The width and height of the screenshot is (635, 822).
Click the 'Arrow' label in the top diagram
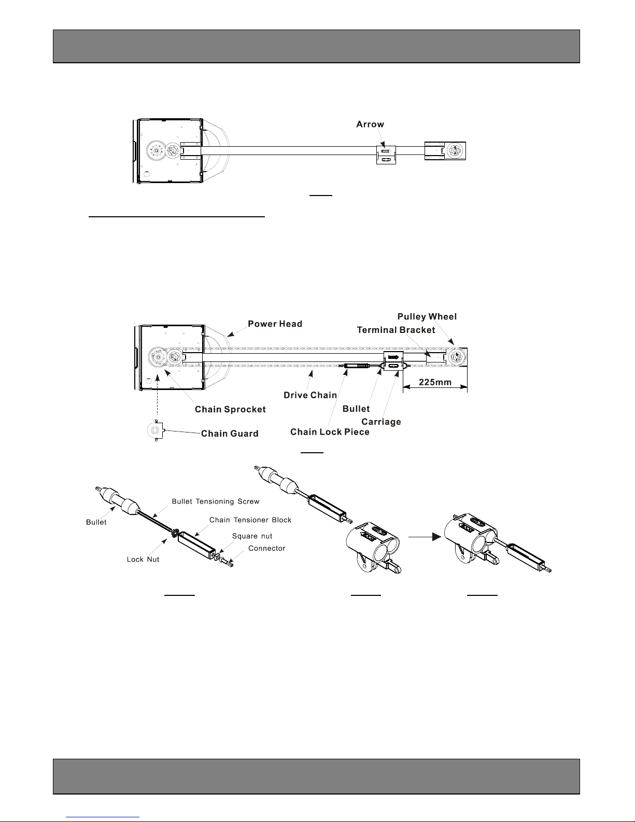point(370,124)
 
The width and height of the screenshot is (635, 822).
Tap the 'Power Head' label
point(275,324)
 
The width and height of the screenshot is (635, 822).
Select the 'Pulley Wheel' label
point(427,317)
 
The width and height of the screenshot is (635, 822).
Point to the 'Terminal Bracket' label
point(396,330)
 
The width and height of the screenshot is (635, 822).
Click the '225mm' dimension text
point(435,382)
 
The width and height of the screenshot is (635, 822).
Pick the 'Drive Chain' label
point(311,395)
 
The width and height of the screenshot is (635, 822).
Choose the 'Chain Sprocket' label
point(230,409)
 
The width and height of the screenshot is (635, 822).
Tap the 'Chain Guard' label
point(230,434)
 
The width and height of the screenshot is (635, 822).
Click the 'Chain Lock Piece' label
point(330,432)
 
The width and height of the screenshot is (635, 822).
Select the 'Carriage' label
point(381,422)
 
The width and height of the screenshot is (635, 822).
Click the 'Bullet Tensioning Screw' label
point(216,501)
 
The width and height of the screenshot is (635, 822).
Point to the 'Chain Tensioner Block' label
point(250,520)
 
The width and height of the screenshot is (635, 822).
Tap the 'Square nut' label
point(252,536)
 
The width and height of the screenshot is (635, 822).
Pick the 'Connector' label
point(266,549)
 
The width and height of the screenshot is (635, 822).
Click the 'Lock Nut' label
point(143,560)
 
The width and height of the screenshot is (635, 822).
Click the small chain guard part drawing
point(156,430)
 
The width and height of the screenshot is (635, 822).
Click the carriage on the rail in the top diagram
point(386,155)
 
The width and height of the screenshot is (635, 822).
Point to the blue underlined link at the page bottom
point(103,817)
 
